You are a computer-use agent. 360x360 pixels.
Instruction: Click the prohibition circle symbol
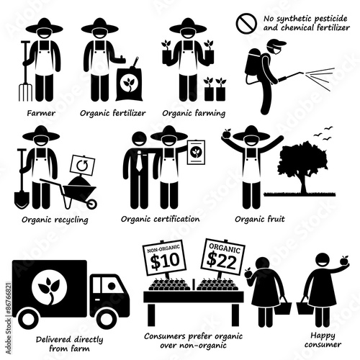[x=246, y=23]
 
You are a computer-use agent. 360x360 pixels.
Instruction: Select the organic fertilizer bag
[x=129, y=83]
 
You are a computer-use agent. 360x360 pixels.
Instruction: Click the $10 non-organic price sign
[x=164, y=258]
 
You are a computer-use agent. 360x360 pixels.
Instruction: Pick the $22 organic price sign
[x=222, y=257]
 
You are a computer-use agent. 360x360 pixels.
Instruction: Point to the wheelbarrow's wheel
[x=91, y=204]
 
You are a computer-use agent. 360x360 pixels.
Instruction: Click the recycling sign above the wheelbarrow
[x=82, y=166]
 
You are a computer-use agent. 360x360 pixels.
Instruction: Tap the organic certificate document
[x=197, y=153]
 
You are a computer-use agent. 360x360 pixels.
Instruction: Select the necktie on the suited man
[x=139, y=161]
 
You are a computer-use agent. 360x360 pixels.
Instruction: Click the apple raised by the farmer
[x=226, y=133]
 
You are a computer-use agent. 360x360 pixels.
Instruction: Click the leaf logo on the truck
[x=49, y=290]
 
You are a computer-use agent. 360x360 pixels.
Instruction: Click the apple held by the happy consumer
[x=344, y=261]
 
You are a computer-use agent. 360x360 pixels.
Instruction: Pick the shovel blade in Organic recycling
[x=22, y=199]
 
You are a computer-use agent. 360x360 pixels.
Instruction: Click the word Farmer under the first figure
[x=41, y=113]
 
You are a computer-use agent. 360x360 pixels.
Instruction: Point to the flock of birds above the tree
[x=323, y=133]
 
